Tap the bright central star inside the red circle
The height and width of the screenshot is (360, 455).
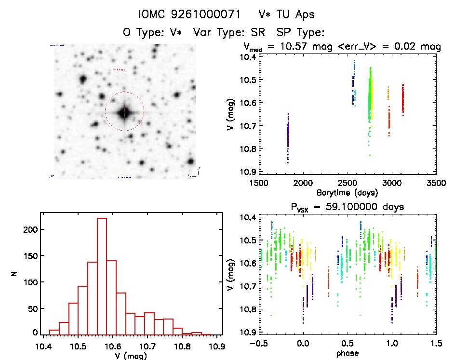124,112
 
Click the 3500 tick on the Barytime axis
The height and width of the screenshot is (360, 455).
436,183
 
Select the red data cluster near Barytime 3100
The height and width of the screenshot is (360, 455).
402,99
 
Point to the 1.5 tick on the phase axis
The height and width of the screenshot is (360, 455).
436,344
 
